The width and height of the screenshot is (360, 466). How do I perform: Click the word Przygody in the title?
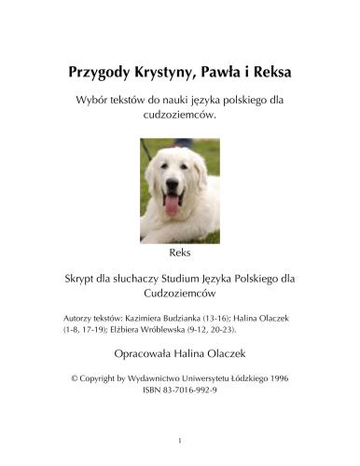[x=102, y=72]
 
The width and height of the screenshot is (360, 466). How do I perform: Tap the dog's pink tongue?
[x=172, y=203]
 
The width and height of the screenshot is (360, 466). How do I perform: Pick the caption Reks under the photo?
[x=180, y=254]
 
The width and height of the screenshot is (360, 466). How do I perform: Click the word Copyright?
[x=103, y=379]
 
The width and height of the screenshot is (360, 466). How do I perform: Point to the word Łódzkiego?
[x=247, y=379]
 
